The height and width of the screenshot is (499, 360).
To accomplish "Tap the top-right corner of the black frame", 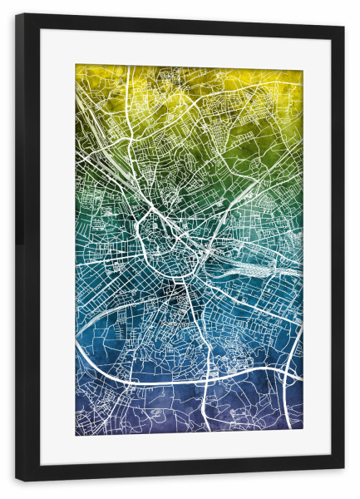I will pos(343,26).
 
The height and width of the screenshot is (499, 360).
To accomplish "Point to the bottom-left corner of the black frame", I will pos(17,481).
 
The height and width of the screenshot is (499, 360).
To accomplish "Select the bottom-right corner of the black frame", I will pos(343,468).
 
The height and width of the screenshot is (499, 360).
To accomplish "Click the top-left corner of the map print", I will pos(76,66).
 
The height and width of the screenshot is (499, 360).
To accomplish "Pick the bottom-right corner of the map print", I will pos(303,430).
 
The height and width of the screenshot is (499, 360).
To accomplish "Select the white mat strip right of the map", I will pos(317,249).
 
